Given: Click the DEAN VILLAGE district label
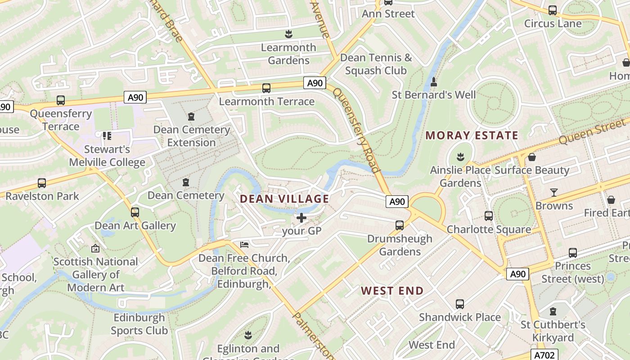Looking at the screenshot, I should [284, 198].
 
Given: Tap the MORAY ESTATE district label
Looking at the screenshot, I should [472, 135].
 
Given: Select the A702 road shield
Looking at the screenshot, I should [544, 355].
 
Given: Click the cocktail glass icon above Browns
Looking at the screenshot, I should [554, 193].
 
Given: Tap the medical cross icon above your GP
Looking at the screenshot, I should [301, 218].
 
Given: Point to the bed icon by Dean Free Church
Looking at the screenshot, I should [244, 244].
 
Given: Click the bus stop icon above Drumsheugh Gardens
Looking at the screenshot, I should [399, 225].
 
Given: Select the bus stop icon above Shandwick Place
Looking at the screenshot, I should [459, 304].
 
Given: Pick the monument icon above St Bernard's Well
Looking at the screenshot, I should [434, 82].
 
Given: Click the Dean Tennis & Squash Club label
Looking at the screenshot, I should [376, 64].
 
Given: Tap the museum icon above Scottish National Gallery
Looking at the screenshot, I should [95, 248].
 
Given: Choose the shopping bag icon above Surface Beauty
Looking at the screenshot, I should [532, 157].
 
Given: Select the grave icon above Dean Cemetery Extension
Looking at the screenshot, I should [191, 117].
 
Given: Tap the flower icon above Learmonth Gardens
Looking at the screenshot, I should [288, 34].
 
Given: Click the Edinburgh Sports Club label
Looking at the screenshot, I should [139, 324].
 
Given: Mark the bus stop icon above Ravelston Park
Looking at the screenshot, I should [42, 183].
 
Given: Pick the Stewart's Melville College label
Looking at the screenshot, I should [107, 156].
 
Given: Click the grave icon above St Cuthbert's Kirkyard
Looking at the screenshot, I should [553, 311].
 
